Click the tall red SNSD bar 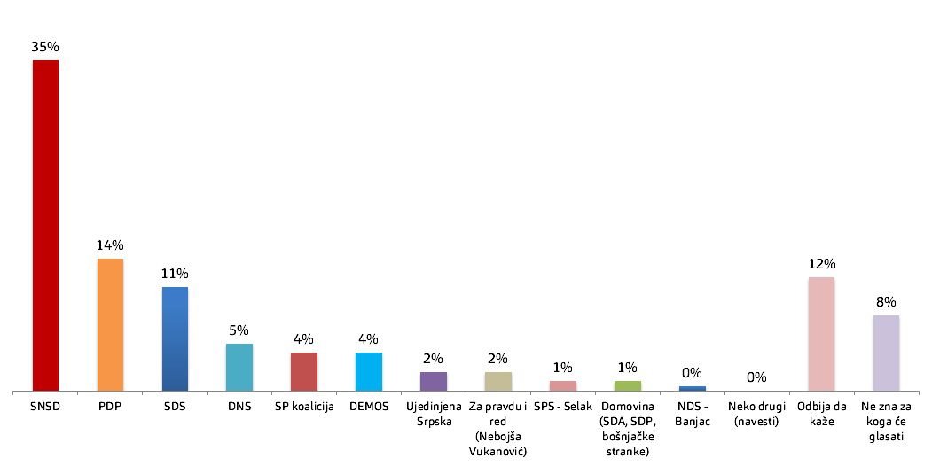click(x=45, y=226)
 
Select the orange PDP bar click(x=110, y=325)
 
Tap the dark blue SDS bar click(x=175, y=339)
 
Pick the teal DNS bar click(x=239, y=368)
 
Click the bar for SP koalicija click(x=304, y=371)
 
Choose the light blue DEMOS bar click(x=369, y=371)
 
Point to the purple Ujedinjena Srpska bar click(x=434, y=382)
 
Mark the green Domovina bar click(x=628, y=386)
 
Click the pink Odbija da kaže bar click(x=821, y=334)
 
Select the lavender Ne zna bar click(x=886, y=353)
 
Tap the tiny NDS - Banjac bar click(x=693, y=389)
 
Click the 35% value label click(x=45, y=47)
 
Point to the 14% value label click(x=110, y=245)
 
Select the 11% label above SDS click(x=175, y=274)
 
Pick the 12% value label click(x=821, y=264)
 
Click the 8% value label click(x=886, y=302)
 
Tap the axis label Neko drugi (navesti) click(x=756, y=414)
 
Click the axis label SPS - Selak click(x=563, y=407)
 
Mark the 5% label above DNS click(x=239, y=330)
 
